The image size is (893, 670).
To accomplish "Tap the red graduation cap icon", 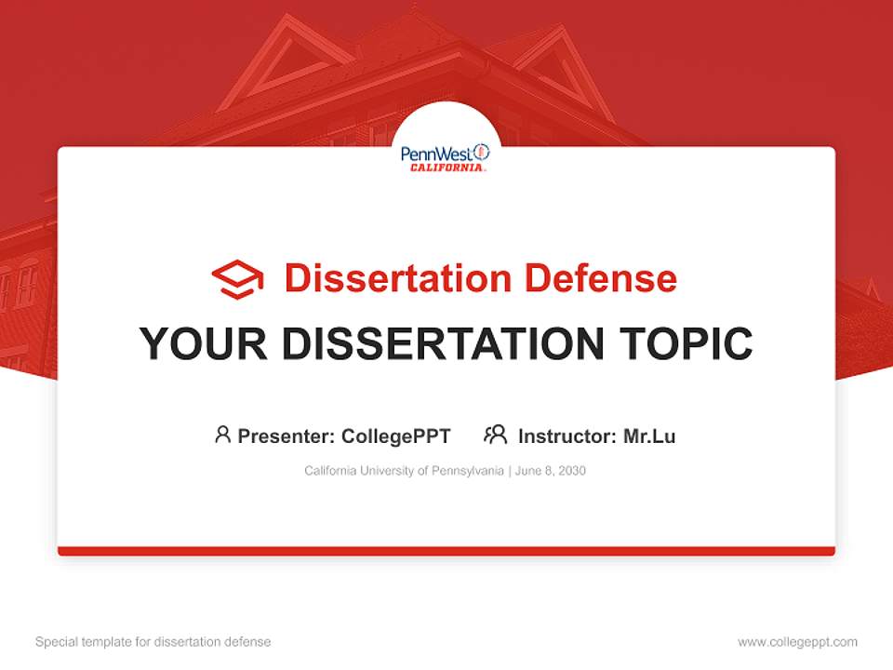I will (237, 278).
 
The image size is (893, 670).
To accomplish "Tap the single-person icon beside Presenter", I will (222, 434).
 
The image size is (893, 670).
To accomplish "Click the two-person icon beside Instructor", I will (495, 434).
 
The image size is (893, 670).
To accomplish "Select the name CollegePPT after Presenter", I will (396, 435).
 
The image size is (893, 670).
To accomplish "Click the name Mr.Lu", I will (649, 435).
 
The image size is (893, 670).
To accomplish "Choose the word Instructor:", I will (566, 435).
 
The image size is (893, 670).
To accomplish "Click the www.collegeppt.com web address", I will (797, 642).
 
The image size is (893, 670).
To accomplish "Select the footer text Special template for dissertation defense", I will (153, 642).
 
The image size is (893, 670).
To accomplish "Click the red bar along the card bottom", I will (446, 551).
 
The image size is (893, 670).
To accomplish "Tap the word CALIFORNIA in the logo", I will (446, 168).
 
